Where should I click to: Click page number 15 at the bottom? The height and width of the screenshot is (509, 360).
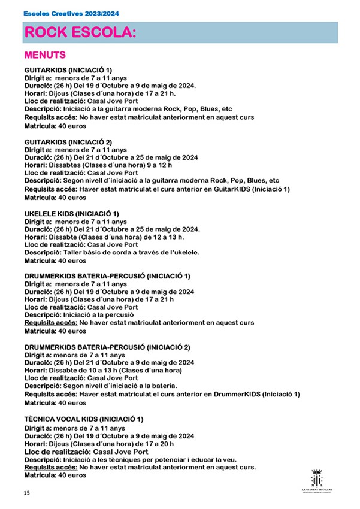[26, 493]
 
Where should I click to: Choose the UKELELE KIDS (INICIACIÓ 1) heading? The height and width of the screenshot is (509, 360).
[71, 214]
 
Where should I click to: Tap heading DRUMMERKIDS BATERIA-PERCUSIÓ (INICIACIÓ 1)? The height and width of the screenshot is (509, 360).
[107, 277]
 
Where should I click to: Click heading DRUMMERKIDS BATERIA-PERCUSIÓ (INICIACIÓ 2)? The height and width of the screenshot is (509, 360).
[107, 347]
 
